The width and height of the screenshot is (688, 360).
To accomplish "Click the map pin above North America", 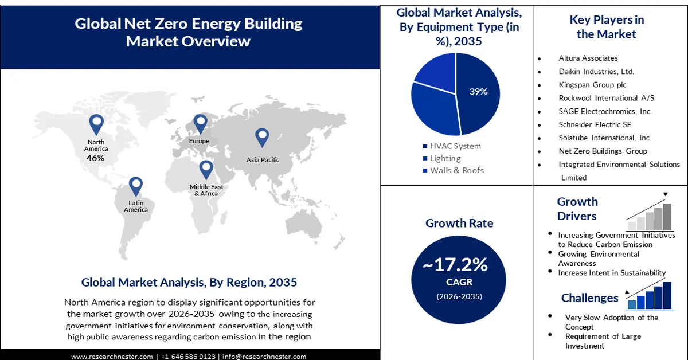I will [96, 124].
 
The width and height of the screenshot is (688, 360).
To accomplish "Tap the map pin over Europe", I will [200, 123].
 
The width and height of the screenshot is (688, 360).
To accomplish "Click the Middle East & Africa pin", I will [206, 170].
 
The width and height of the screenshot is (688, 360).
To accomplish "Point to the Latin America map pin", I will [136, 186].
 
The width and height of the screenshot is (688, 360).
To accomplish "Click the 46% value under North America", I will [95, 157].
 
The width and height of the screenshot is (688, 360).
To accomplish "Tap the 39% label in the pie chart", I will [478, 91].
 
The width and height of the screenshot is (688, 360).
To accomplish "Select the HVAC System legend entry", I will [455, 146].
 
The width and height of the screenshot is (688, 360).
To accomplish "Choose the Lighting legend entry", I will [445, 158].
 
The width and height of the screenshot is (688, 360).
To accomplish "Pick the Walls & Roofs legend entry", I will [456, 170].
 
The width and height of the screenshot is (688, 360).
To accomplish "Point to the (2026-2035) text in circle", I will [459, 296].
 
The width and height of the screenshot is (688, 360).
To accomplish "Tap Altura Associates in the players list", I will [588, 58].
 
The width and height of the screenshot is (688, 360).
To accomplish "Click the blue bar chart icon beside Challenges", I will [649, 295].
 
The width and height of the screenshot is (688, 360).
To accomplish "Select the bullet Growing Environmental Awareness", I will [599, 259].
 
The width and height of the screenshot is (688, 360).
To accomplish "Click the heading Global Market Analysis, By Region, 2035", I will [189, 282].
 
